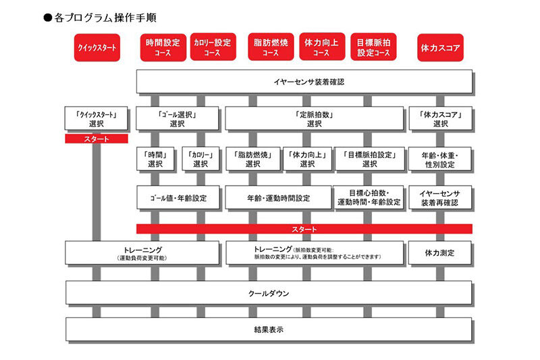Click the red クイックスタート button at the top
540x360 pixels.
97,47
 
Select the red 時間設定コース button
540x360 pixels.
163,47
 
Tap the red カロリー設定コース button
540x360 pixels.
212,47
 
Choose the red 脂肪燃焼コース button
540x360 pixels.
270,47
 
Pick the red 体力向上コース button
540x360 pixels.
321,47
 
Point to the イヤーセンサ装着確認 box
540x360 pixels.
304,82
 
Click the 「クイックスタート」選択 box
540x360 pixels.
97,119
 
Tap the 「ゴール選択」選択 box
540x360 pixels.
178,119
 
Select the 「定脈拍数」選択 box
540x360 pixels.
314,119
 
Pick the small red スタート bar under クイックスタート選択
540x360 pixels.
97,139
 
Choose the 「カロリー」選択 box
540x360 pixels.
200,159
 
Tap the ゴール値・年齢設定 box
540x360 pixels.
178,199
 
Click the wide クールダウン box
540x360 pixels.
269,293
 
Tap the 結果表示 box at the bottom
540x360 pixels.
269,330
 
